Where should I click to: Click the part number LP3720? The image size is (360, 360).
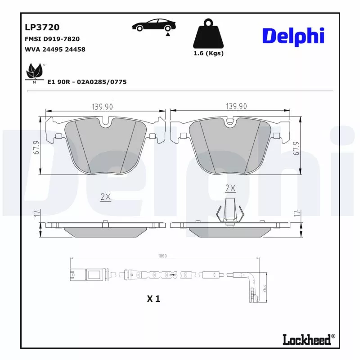42,28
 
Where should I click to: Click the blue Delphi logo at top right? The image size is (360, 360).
293,36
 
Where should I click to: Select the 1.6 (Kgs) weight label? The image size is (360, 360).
208,53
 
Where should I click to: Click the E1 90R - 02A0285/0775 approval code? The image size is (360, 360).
87,82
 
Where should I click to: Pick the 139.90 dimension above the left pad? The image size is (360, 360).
102,107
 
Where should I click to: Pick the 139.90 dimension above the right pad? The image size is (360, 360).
236,107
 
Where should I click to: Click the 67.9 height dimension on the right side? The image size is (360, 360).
296,147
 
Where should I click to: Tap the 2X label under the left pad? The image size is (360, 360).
106,197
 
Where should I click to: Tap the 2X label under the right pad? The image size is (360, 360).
230,188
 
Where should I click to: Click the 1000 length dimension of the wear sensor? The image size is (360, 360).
162,256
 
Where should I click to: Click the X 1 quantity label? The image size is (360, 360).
153,298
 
